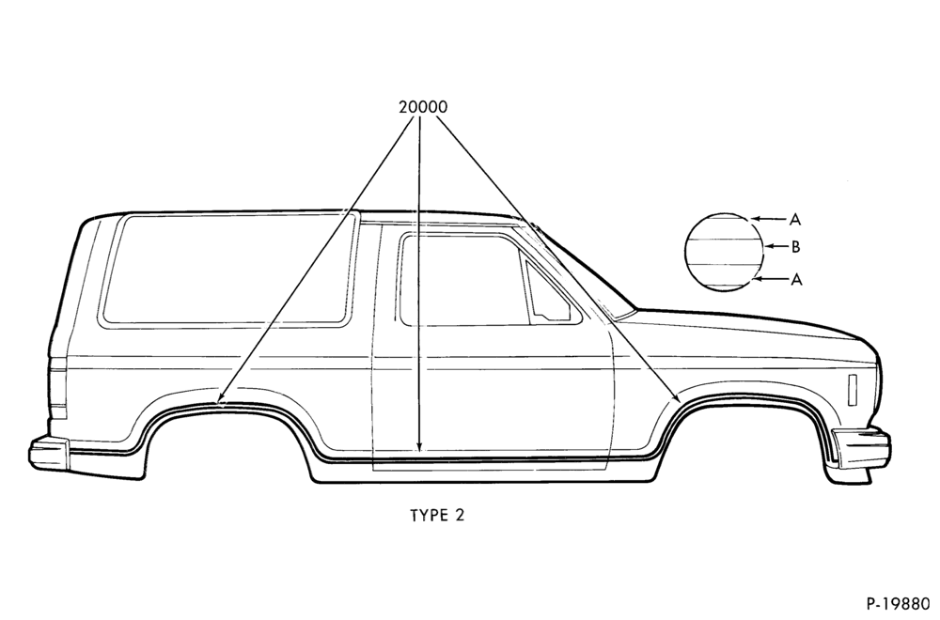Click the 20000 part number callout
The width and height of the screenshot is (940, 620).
tap(423, 107)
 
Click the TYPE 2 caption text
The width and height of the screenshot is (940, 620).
tap(437, 515)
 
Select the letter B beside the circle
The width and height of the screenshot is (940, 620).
tap(795, 246)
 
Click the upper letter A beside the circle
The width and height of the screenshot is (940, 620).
tap(795, 220)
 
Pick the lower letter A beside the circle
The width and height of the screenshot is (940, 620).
tap(795, 279)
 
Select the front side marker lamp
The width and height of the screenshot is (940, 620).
tap(853, 391)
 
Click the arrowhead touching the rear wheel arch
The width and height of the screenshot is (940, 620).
tap(221, 397)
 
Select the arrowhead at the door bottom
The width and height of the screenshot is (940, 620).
tap(419, 445)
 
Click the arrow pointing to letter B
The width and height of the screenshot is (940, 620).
tap(777, 246)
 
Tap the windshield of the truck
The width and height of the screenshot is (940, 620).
tap(575, 270)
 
